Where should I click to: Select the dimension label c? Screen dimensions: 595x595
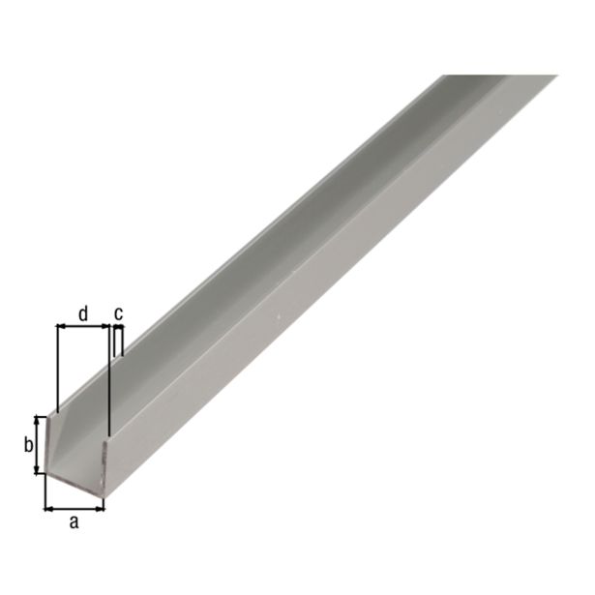point(119,312)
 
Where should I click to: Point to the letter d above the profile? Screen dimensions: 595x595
point(83,312)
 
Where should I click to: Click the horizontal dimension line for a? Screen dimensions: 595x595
point(74,505)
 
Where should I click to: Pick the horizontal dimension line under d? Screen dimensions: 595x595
point(83,327)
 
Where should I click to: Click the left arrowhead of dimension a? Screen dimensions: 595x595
point(48,505)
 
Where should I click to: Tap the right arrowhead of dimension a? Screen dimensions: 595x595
point(100,505)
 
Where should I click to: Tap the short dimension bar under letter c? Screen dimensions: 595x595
point(118,328)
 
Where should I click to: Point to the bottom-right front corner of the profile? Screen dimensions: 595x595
point(104,496)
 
